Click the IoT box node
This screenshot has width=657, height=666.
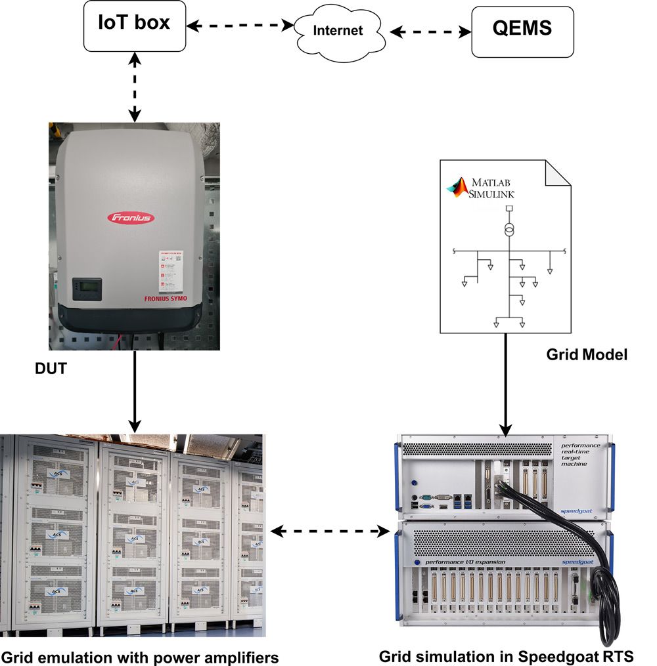click(135, 25)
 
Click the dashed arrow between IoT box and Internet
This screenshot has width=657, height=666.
click(240, 26)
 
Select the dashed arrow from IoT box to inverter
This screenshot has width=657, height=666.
click(135, 87)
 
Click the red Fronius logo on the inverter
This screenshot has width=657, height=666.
click(131, 217)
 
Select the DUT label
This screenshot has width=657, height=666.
click(50, 369)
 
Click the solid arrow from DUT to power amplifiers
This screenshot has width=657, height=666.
click(134, 390)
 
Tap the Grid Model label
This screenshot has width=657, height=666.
click(587, 355)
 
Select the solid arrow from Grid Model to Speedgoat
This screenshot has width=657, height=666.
click(506, 384)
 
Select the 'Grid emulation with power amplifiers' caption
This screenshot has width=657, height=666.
click(139, 656)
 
